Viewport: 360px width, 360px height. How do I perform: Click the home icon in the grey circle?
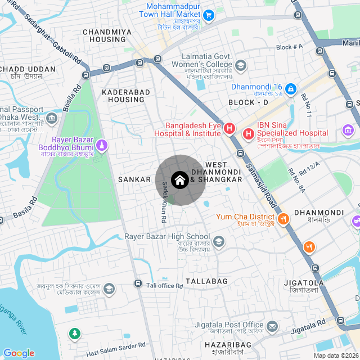point(180,180)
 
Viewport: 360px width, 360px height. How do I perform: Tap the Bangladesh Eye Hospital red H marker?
point(229,129)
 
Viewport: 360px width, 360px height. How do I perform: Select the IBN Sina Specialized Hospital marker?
point(248,134)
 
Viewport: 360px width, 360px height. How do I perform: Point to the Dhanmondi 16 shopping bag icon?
point(290,88)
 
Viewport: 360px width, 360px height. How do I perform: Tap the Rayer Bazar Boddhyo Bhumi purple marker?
point(101,146)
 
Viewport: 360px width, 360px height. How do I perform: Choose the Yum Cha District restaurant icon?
point(283,218)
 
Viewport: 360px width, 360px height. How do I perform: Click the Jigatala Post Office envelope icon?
point(272,326)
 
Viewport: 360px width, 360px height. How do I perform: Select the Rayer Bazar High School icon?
point(218,242)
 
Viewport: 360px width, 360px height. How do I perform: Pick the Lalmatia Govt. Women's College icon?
point(241,66)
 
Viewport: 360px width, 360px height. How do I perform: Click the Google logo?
point(19,353)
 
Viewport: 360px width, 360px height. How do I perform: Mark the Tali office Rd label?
point(165,286)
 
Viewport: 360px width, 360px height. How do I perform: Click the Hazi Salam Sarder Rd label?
point(116,349)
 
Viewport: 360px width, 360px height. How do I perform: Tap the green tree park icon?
point(74,334)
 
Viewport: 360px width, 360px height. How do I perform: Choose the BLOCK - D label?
point(248,102)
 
